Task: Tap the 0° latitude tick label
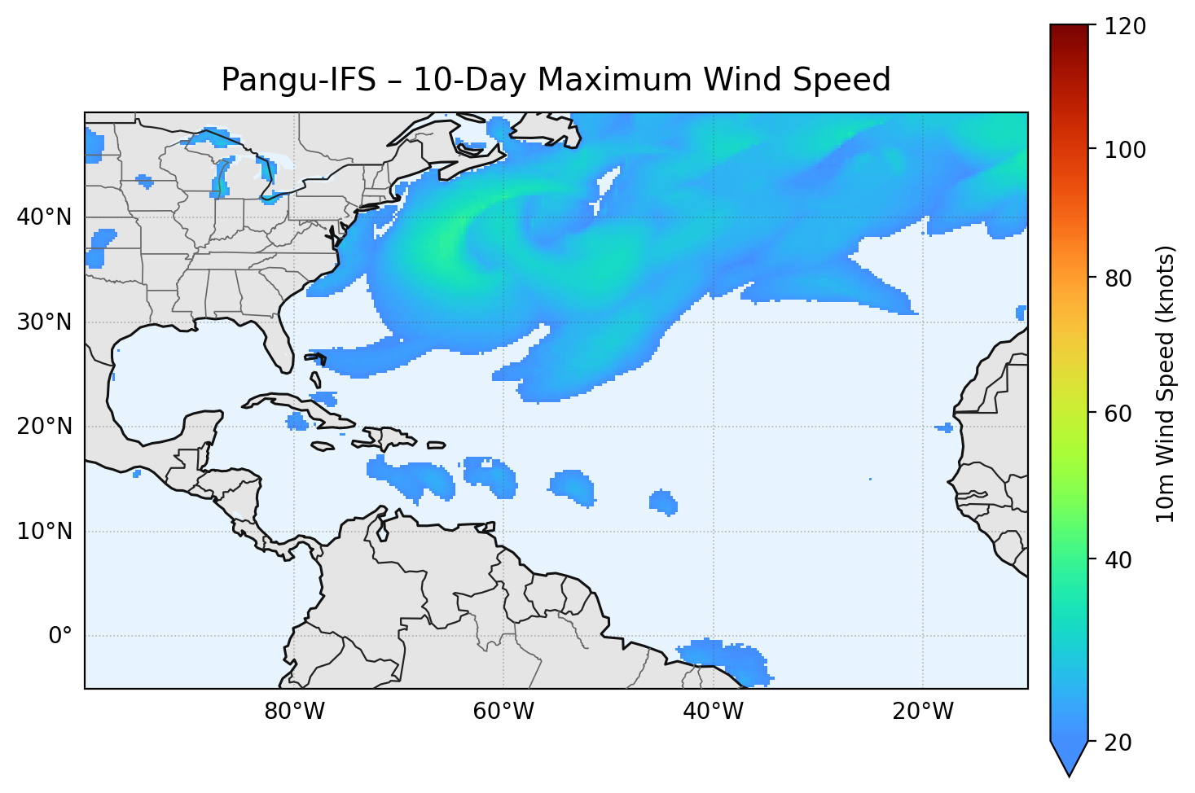click(59, 636)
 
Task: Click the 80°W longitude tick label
click(294, 712)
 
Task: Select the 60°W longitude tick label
click(503, 712)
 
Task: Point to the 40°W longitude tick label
click(713, 712)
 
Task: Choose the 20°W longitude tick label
click(922, 712)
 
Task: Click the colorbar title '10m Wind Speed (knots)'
click(1166, 383)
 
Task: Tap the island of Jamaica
click(323, 446)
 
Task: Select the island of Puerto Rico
click(437, 445)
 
